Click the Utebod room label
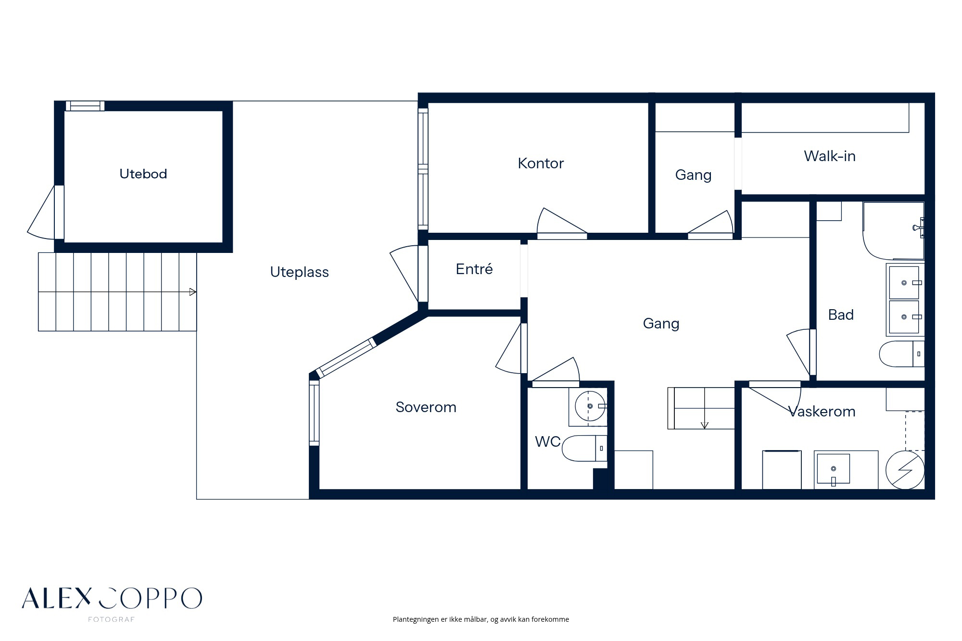coord(143,174)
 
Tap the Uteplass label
coord(299,272)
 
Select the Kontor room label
coord(541,163)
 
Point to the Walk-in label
coord(830,156)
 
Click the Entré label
coord(474,269)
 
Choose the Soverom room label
coord(426,407)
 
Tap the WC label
coord(548,441)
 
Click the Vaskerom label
coord(822,412)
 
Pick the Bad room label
coord(841,315)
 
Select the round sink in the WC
coord(590,406)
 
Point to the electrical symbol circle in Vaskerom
coord(905,470)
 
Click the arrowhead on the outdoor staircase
coord(192,292)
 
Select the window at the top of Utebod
coord(85,106)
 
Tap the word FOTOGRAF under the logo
coord(111,619)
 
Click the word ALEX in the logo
coord(57,598)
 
